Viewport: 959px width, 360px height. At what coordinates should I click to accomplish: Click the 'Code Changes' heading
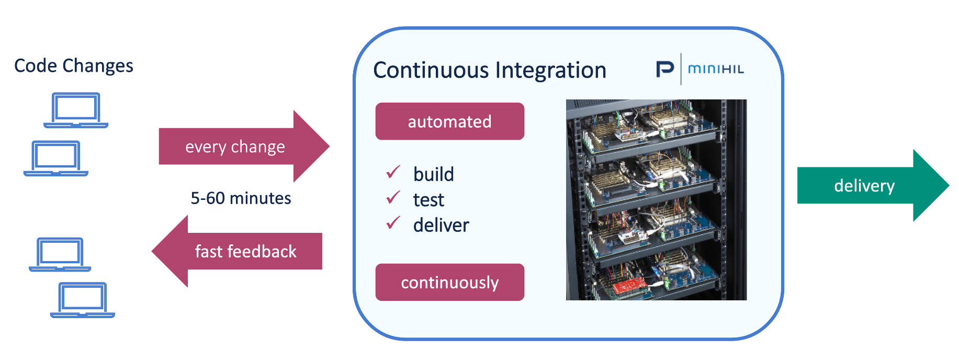click(x=74, y=66)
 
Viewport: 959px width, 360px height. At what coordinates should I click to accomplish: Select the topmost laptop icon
click(x=76, y=110)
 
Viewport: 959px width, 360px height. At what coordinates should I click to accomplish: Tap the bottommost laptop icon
click(x=83, y=300)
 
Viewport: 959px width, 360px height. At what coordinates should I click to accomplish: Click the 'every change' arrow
click(x=235, y=147)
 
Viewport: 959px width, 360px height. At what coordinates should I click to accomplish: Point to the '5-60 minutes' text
click(x=241, y=198)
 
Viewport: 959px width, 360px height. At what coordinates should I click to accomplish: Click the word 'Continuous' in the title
click(x=431, y=70)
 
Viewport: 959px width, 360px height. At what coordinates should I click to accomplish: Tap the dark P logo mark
click(x=665, y=69)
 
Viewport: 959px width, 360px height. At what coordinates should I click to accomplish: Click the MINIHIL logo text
click(x=716, y=69)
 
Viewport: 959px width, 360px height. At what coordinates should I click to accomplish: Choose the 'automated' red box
click(x=449, y=121)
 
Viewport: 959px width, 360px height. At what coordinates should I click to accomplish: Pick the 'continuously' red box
click(x=449, y=283)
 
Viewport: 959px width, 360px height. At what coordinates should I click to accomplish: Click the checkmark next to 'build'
click(x=393, y=172)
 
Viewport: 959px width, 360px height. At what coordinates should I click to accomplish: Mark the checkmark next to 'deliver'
click(x=393, y=223)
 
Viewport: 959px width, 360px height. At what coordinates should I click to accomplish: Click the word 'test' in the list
click(x=428, y=200)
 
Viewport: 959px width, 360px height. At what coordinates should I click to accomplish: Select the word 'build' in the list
click(x=433, y=174)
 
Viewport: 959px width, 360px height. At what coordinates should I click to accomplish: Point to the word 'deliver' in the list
click(x=441, y=226)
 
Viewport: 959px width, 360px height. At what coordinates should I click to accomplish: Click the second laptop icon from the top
click(x=56, y=157)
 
